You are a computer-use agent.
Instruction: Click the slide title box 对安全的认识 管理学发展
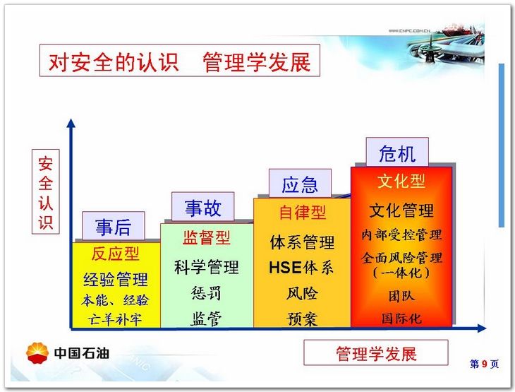click(180, 61)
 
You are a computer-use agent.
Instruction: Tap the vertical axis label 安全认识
click(46, 191)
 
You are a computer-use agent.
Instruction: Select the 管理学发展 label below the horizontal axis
click(376, 353)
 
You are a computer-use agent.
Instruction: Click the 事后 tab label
click(114, 226)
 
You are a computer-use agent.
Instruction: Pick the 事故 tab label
click(202, 207)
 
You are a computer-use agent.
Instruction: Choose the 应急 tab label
click(300, 184)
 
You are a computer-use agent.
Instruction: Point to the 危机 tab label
click(397, 153)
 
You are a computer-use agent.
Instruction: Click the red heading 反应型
click(116, 254)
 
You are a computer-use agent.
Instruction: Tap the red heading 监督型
click(207, 237)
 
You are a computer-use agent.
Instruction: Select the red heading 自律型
click(302, 212)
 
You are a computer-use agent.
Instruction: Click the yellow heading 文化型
click(401, 181)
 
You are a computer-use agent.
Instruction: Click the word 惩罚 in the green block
click(206, 292)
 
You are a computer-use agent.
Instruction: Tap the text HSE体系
click(301, 267)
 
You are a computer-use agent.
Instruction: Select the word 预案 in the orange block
click(302, 319)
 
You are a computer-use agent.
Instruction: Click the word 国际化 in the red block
click(401, 318)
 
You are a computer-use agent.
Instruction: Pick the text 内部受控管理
click(401, 234)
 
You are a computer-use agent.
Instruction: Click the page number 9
click(485, 364)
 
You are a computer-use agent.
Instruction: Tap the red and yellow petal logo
click(37, 353)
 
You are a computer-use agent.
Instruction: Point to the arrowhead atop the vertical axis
click(71, 123)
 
